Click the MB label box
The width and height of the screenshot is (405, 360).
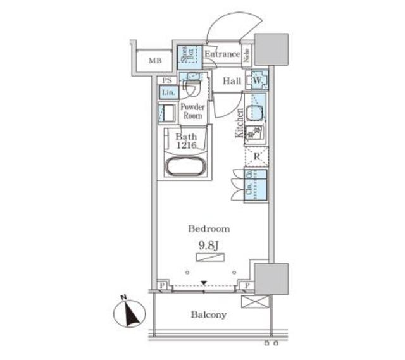point(155,61)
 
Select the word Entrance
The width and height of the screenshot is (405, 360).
point(221,54)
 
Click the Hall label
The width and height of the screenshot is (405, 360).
point(231,81)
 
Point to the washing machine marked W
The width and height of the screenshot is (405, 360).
point(258,81)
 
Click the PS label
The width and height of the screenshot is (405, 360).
point(167,80)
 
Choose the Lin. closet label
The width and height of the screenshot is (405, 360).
point(168,93)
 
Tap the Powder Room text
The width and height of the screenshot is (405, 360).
point(192,111)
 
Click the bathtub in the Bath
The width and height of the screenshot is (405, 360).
point(184,168)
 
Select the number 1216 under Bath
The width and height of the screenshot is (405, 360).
point(187,146)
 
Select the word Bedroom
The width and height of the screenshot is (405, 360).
point(209,228)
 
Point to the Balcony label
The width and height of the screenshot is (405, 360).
point(209,314)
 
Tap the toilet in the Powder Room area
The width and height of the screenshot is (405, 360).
point(192,87)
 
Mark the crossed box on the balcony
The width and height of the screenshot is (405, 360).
point(255,301)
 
